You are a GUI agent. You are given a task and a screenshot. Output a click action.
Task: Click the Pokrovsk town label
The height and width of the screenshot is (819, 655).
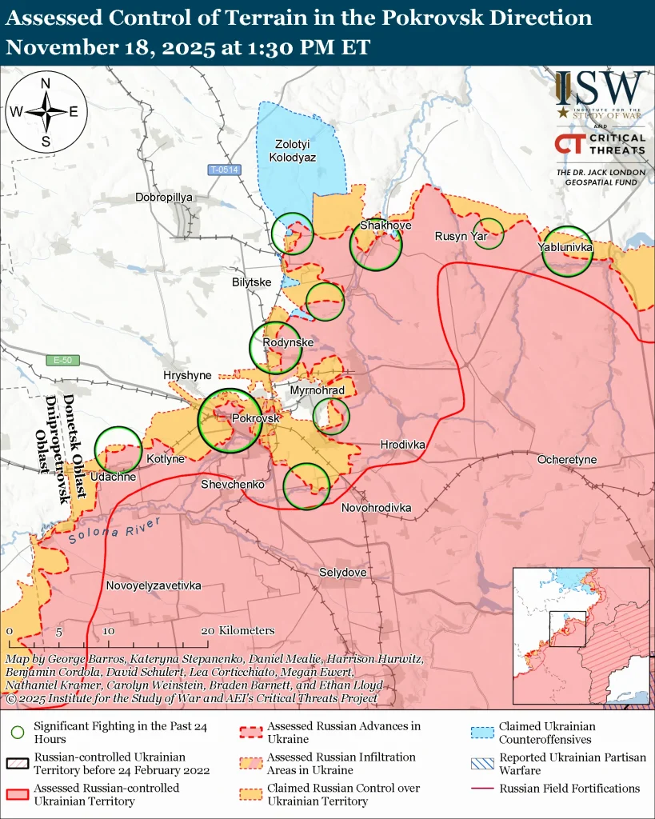tap(255, 418)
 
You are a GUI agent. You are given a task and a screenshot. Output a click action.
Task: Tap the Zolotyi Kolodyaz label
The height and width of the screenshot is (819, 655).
tap(295, 150)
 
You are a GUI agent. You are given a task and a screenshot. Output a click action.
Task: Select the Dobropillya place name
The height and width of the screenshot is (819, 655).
tap(165, 197)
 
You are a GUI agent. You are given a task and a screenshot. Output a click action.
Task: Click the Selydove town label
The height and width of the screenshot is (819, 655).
tap(342, 573)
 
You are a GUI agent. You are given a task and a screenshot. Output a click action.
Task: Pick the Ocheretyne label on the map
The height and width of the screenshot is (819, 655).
tap(566, 460)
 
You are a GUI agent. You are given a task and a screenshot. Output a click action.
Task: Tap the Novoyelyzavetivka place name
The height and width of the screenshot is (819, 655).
tap(154, 585)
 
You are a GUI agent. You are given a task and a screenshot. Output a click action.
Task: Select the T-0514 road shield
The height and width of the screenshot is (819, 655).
tap(224, 170)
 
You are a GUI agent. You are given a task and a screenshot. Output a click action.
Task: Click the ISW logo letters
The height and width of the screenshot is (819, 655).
tap(601, 87)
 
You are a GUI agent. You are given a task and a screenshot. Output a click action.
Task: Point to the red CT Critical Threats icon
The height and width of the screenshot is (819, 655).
tap(569, 144)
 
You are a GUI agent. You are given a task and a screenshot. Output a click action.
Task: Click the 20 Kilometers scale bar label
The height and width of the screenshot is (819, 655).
tap(237, 630)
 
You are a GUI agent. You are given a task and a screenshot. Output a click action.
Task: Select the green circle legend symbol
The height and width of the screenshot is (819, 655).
tap(17, 732)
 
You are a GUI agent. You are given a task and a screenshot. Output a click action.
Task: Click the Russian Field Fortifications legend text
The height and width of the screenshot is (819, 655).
tap(569, 789)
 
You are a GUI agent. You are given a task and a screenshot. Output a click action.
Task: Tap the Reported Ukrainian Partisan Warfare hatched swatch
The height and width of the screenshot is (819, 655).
tap(481, 764)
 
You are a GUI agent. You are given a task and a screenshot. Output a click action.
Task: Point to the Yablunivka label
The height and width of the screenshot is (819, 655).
tap(565, 249)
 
